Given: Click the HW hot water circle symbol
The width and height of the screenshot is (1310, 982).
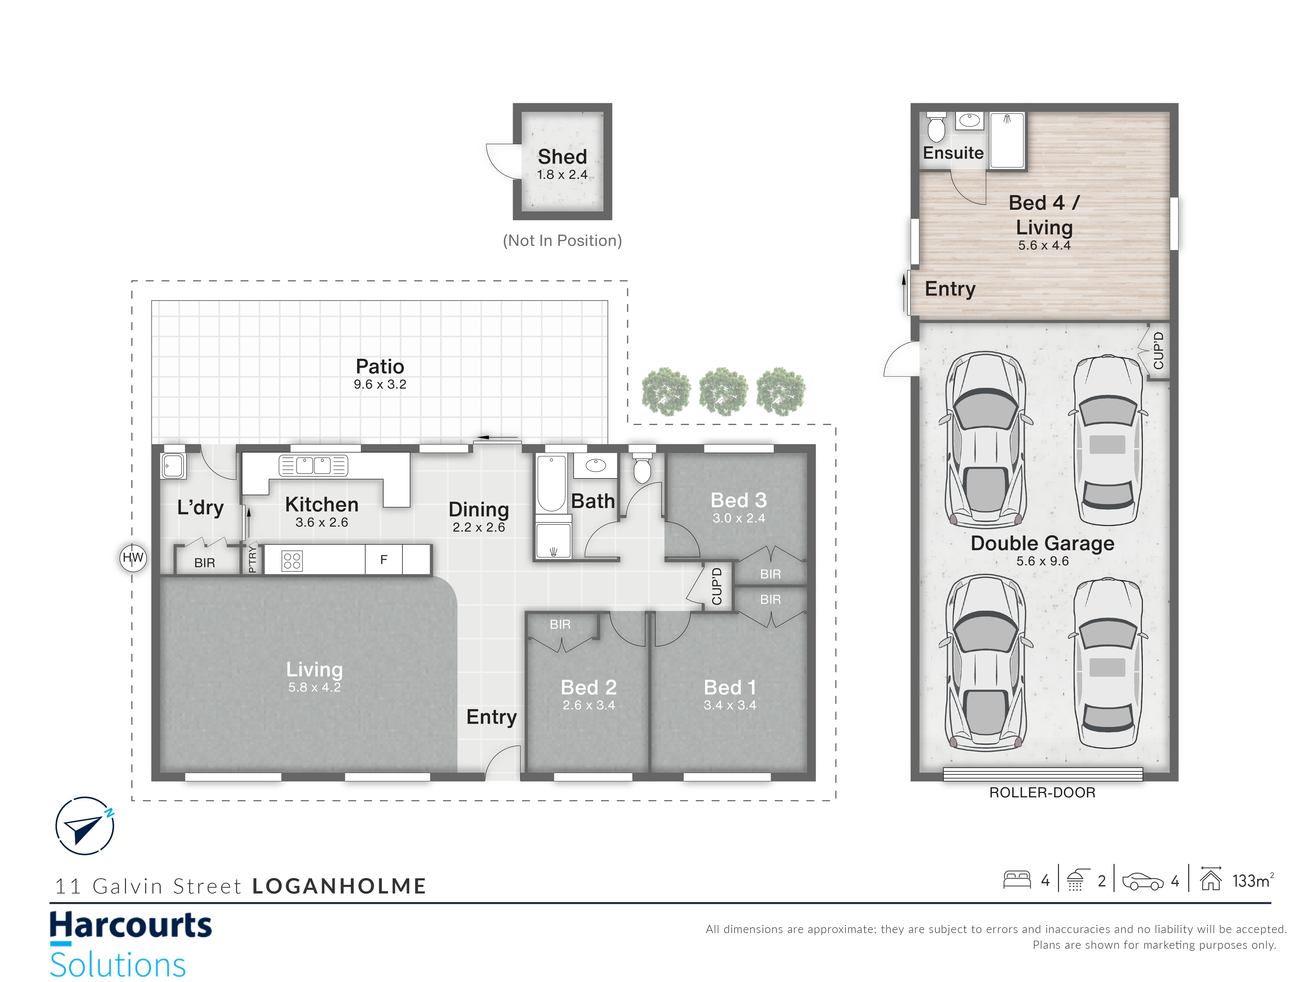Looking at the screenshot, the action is click(x=133, y=558).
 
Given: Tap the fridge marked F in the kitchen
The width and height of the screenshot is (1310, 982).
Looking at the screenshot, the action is click(x=384, y=559).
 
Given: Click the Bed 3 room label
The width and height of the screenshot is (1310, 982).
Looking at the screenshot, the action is click(x=739, y=500).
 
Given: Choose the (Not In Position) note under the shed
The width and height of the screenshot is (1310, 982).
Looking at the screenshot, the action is click(x=562, y=240).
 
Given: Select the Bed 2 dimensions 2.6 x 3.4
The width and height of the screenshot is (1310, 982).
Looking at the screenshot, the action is click(x=589, y=705).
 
